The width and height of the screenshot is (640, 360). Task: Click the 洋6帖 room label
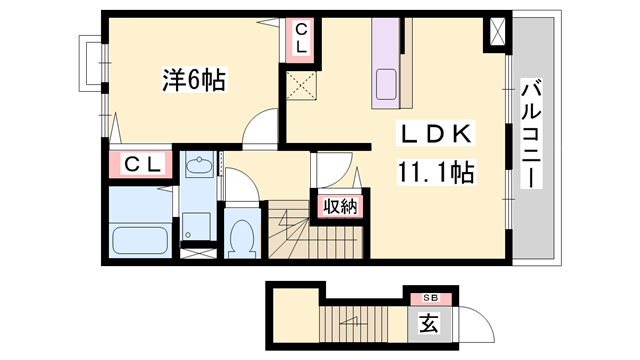[194, 81]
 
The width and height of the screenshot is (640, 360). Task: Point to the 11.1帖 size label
[431, 171]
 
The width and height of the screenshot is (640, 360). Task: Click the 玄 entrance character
[427, 324]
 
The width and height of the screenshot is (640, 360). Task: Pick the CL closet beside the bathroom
[139, 163]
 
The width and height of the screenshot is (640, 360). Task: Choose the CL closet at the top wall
[301, 38]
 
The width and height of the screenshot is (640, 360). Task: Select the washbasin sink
[199, 168]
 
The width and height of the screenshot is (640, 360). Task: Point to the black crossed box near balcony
[496, 33]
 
